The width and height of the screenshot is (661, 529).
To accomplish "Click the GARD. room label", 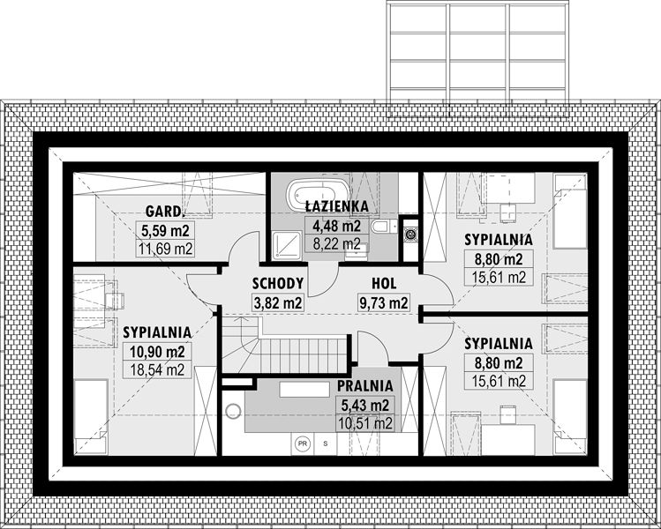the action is (165, 211).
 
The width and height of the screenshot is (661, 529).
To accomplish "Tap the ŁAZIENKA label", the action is (337, 206).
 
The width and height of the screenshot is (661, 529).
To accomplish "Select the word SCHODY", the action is (278, 283).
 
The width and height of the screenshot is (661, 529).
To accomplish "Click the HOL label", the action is (384, 283).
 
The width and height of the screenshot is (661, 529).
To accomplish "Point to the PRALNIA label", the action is (365, 385).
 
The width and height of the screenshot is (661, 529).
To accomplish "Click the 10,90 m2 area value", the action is (157, 351).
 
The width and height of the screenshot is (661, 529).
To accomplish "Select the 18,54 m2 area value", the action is (157, 369).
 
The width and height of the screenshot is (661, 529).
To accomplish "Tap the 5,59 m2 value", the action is (165, 230).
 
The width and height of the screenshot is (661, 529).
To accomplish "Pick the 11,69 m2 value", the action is (165, 249).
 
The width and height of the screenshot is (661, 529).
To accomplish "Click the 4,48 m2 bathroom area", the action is (336, 226).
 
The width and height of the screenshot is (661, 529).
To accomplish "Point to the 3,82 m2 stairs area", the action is (278, 302).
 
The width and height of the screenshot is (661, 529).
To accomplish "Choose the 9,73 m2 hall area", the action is (384, 302).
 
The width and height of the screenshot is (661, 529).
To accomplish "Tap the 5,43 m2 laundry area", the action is (365, 405).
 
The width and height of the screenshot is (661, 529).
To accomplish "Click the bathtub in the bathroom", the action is (318, 195).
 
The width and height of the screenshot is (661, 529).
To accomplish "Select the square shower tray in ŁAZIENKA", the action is (286, 244).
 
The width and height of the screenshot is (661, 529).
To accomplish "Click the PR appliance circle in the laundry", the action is (302, 443).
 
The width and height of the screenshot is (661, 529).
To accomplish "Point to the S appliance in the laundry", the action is (325, 443).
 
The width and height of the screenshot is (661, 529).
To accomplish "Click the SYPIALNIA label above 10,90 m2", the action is (157, 332).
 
